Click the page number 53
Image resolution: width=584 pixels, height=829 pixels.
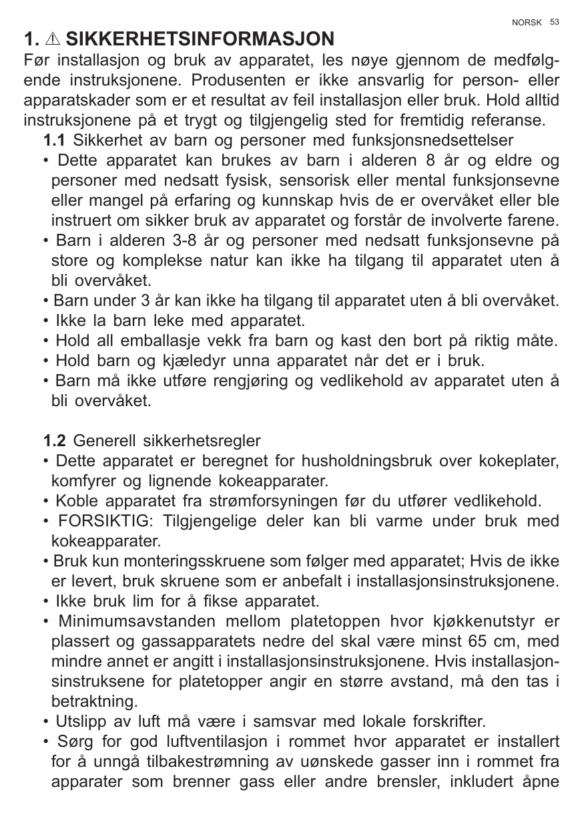point(555,22)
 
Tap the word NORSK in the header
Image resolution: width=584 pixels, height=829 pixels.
point(527,23)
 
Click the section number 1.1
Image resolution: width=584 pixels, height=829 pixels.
point(54,141)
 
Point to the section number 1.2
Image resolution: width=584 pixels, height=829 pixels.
point(54,441)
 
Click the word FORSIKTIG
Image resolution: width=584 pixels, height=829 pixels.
point(105,521)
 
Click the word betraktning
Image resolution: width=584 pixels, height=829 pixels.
point(94,702)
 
